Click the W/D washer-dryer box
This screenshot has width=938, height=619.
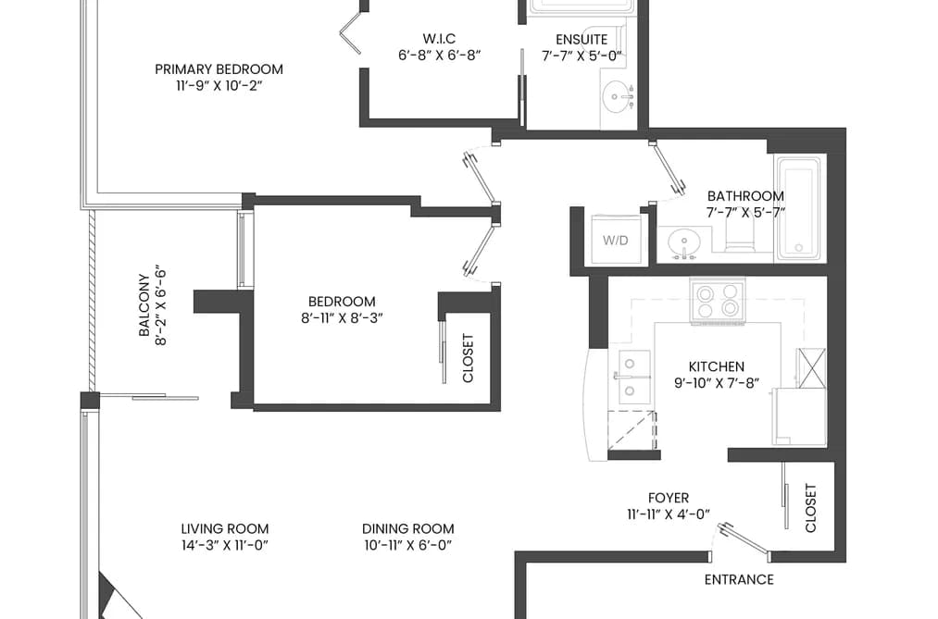pos(616,240)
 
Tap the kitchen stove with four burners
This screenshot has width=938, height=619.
pos(718,301)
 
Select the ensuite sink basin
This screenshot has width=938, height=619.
pos(618,97)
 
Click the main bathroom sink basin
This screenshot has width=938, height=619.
pos(683,243)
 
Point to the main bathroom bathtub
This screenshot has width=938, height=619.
pos(801,208)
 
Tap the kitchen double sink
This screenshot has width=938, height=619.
pos(633,377)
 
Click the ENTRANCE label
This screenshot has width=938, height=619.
pos(739,579)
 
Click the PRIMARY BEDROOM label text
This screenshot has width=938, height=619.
pos(219,69)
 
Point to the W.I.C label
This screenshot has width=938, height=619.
pos(439,39)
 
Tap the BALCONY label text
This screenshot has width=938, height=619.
pos(144,305)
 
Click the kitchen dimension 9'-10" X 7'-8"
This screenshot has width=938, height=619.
pos(717,383)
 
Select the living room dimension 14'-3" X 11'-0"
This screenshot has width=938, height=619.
pos(225,545)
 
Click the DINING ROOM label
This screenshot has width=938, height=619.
pos(408,528)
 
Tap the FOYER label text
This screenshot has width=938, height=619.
pos(669,498)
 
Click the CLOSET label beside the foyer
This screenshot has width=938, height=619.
pos(810,508)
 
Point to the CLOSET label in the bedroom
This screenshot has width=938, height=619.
pos(468,358)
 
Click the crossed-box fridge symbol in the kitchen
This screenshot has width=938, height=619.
pos(810,367)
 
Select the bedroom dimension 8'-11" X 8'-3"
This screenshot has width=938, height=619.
pos(343,318)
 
